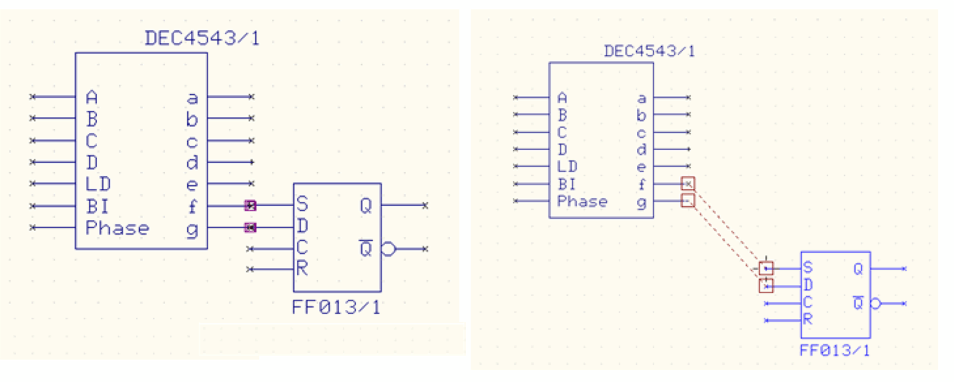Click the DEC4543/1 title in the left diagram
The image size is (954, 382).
pos(202,38)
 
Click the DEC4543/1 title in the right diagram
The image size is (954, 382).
pos(649,51)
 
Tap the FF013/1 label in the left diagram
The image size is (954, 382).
pos(336,307)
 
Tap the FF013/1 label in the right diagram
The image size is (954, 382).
pos(834,350)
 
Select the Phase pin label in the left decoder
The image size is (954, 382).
pos(117,228)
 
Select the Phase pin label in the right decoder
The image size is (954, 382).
pos(582,201)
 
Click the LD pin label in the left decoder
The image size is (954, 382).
pos(98,184)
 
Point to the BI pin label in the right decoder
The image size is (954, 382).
pos(567,184)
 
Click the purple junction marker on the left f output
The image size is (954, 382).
pos(250,206)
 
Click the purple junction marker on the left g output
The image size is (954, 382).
pos(250,228)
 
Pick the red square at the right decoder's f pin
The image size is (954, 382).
pos(688,184)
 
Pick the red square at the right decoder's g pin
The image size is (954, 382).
pos(688,201)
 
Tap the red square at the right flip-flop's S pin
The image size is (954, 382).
pos(766,268)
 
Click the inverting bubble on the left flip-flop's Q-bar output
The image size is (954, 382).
pos(388,249)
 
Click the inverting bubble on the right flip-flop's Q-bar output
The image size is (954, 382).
pos(876,304)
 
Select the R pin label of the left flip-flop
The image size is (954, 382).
pos(302,268)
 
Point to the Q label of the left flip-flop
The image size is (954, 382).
pos(366,206)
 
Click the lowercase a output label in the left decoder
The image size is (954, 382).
pos(193,98)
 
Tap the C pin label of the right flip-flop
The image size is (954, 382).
pos(807,302)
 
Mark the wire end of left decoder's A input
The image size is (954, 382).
pos(32,97)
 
